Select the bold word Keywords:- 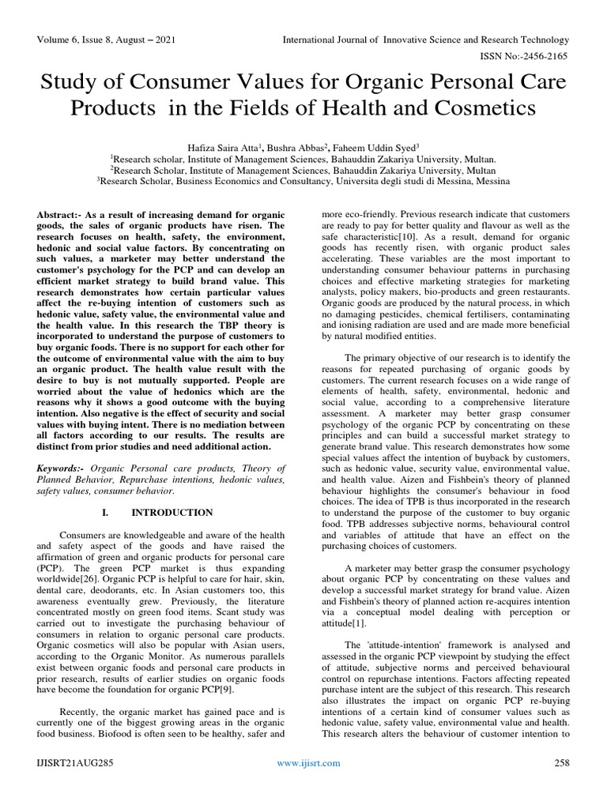tap(67, 467)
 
